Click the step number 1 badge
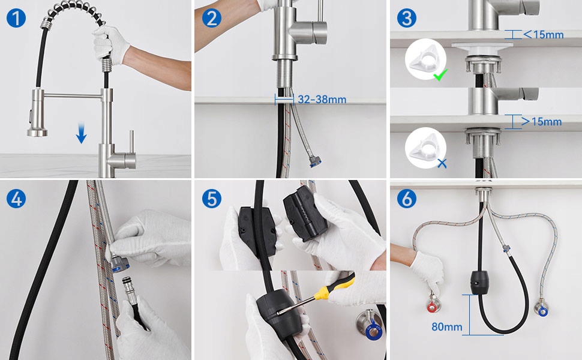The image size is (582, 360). [16, 18]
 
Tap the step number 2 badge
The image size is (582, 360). [212, 18]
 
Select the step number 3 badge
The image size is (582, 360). [407, 18]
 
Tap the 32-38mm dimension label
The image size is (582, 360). [322, 100]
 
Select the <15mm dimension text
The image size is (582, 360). [544, 35]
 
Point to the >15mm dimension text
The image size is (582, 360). [542, 121]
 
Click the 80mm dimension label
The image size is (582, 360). [447, 326]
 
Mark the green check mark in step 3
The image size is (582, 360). [440, 76]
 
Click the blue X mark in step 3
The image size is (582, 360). [442, 163]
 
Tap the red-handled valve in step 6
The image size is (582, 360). [433, 305]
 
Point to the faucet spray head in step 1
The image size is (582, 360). [37, 113]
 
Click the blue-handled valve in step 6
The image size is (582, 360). [542, 308]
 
